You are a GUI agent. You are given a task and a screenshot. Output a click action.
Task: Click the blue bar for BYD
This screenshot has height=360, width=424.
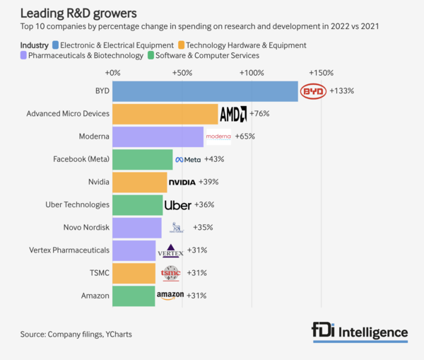(205, 91)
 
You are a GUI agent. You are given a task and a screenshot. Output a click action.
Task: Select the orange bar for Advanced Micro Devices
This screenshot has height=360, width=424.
(165, 114)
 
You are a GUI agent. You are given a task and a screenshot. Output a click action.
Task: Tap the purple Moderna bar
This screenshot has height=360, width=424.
(158, 137)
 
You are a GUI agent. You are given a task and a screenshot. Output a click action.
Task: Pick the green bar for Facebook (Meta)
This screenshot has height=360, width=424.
(142, 159)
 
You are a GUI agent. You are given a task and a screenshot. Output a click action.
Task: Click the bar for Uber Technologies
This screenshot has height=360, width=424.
(137, 205)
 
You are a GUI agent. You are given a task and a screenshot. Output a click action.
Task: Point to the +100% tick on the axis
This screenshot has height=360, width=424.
(252, 73)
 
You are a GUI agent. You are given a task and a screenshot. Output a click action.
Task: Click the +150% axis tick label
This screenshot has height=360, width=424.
(320, 73)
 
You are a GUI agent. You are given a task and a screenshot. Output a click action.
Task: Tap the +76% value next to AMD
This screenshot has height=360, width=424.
(259, 114)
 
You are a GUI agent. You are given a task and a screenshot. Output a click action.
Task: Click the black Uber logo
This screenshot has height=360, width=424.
(177, 205)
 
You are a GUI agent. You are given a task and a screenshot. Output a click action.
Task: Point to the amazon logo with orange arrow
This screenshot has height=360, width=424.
(170, 296)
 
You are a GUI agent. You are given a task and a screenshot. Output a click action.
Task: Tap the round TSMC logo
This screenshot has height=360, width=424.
(171, 273)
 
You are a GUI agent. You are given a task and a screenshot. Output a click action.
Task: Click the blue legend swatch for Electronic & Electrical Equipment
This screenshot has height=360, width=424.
(56, 45)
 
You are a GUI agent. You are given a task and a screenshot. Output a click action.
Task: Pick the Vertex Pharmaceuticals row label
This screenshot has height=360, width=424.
(69, 250)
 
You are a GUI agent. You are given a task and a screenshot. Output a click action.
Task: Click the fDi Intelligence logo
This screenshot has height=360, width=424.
(360, 332)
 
